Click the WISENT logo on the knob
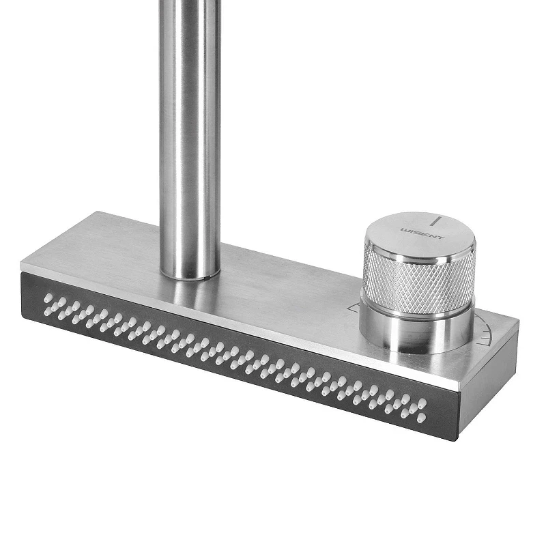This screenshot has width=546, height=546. tap(422, 233)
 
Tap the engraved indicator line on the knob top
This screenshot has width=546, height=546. tap(436, 221)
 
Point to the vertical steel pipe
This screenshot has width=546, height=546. tap(190, 139)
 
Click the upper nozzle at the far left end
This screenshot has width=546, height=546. tap(49, 298)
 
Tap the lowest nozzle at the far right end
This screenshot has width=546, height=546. tap(421, 417)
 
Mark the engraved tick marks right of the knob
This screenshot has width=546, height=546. tap(487, 335)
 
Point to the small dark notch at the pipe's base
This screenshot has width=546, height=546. tap(208, 278)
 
